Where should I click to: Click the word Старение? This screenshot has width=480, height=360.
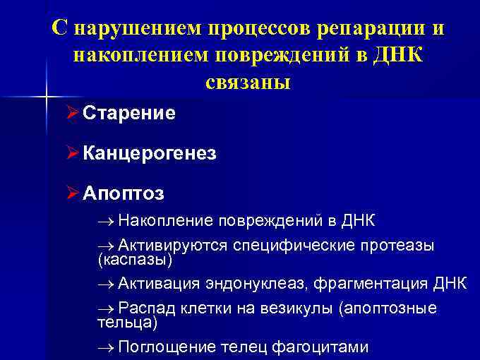pyautogui.click(x=129, y=113)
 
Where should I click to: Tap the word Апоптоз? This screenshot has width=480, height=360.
pyautogui.click(x=123, y=193)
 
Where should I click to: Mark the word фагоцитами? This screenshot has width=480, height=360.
pyautogui.click(x=323, y=347)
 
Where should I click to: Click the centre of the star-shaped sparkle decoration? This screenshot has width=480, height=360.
pyautogui.click(x=46, y=95)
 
